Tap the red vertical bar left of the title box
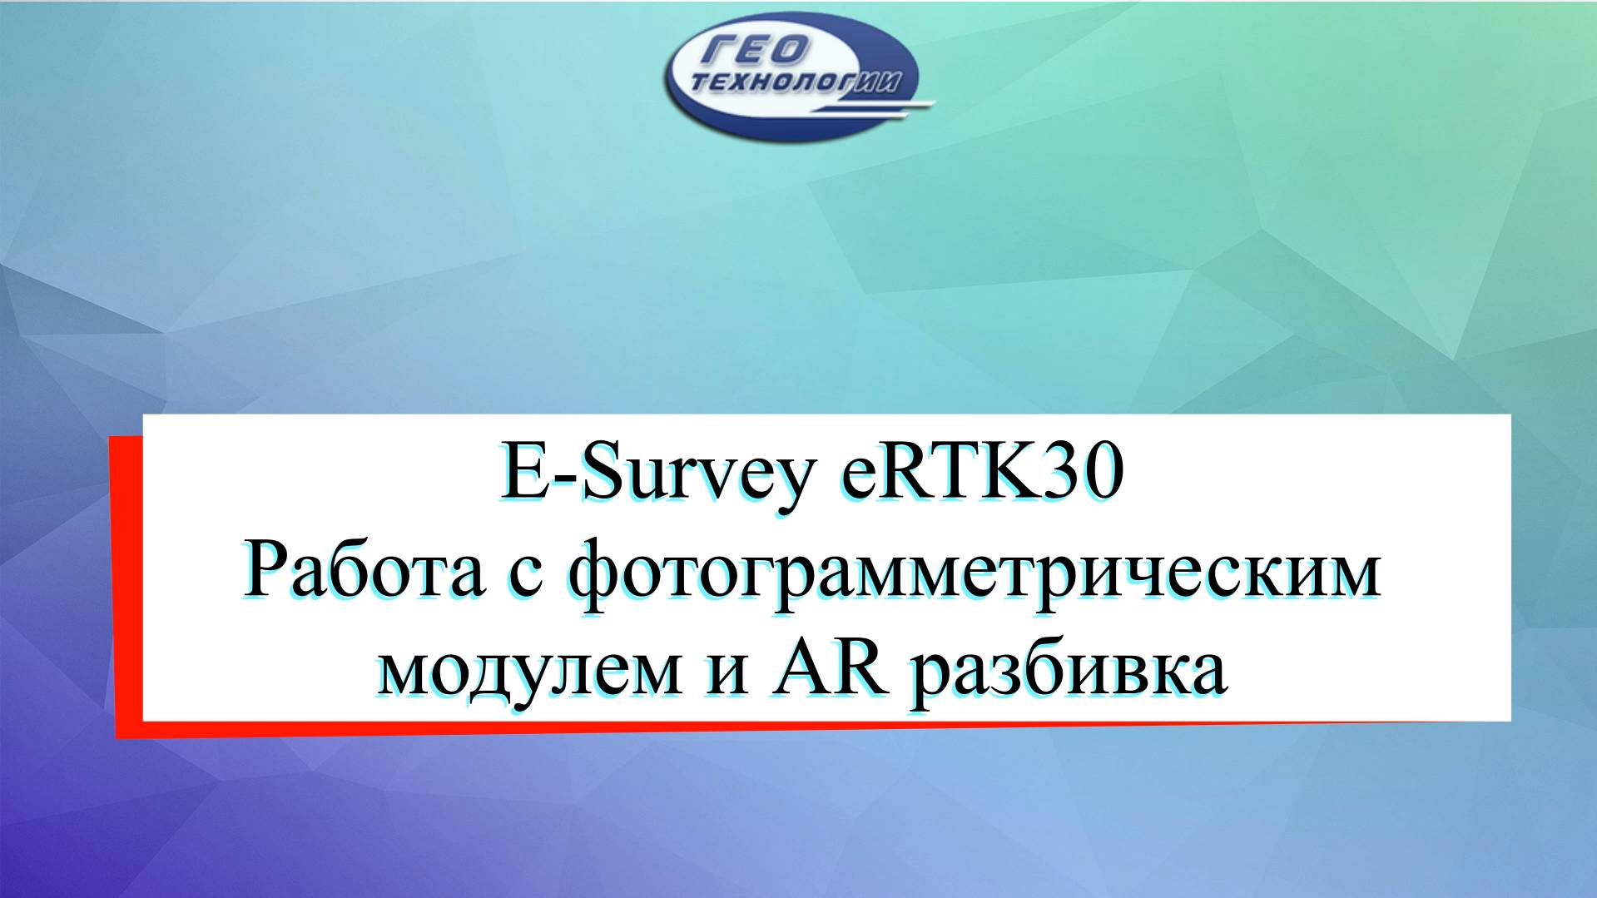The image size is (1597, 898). click(x=126, y=583)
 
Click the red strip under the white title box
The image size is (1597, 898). click(x=749, y=727)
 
